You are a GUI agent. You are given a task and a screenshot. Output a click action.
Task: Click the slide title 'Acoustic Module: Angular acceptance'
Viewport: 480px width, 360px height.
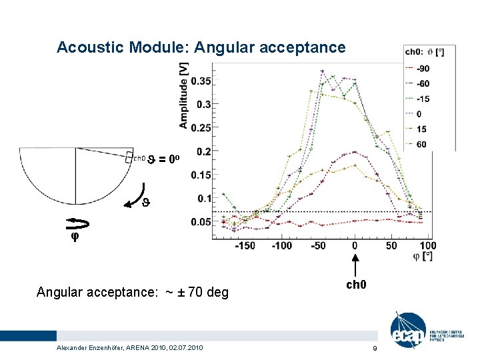coord(201,47)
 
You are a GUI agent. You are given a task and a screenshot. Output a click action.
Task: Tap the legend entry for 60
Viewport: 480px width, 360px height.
coord(421,144)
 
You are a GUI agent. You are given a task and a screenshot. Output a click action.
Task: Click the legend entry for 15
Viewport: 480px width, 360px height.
coord(421,129)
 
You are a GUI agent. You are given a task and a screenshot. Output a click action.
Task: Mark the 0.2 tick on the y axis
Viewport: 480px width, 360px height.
coord(203,151)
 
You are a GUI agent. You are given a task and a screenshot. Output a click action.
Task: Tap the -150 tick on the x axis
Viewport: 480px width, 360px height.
coord(245,246)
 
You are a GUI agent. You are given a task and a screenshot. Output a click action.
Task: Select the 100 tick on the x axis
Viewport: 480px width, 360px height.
coord(428,246)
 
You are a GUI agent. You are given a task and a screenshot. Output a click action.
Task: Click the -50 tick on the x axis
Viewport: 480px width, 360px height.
coord(318,246)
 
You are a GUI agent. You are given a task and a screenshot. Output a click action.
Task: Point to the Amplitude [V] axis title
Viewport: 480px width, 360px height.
coord(183,95)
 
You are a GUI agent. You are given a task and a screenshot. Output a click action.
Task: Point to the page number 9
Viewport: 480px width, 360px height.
coord(375,349)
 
